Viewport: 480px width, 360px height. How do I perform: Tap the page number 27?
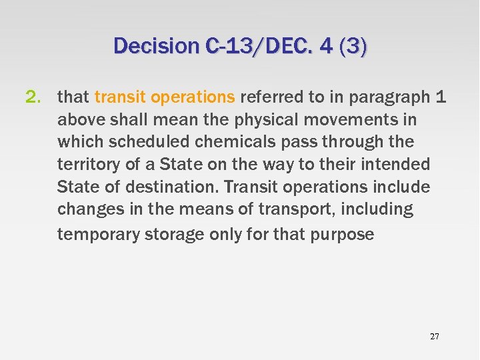click(435, 337)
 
